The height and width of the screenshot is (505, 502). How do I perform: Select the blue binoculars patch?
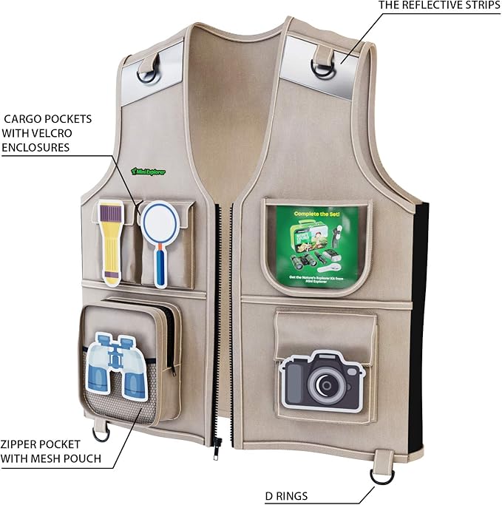pos(117,366)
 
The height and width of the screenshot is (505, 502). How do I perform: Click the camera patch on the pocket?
pos(323,380)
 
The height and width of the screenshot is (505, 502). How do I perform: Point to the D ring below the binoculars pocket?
pos(101,430)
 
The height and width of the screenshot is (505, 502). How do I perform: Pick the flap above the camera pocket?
pos(325,323)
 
